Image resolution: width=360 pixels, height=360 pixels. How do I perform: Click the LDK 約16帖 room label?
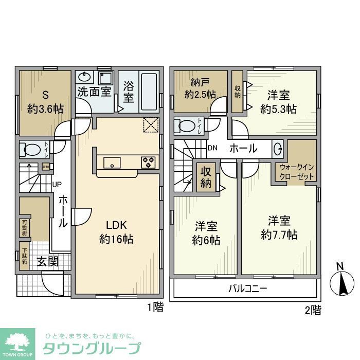click(x=120, y=232)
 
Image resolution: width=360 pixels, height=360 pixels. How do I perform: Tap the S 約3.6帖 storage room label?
click(x=45, y=101)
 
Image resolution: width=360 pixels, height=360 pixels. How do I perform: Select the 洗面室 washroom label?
click(x=94, y=92)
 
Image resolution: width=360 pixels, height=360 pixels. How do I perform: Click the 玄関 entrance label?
click(x=47, y=261)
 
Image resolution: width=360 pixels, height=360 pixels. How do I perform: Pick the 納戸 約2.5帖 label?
click(x=200, y=88)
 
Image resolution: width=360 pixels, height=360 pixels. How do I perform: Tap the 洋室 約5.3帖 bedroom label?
click(x=278, y=101)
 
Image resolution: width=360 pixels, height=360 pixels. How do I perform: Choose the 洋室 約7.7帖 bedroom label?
click(x=279, y=228)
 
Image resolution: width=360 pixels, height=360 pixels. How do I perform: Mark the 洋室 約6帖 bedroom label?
click(x=206, y=233)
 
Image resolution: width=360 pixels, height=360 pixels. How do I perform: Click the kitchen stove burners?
click(x=149, y=163)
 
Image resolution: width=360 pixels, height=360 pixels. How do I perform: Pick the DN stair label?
click(x=213, y=149)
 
